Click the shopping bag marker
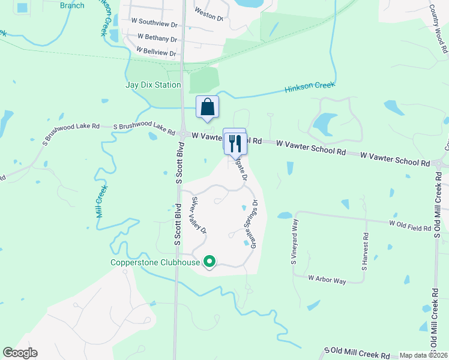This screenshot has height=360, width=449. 207,107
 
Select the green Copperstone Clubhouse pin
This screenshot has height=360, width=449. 209,262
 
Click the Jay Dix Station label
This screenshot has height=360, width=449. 153,85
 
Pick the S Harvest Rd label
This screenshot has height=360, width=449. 364,250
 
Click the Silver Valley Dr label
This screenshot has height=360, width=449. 199,214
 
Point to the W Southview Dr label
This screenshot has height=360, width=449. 154,25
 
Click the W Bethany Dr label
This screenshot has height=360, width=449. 157,38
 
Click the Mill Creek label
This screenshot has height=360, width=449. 101,201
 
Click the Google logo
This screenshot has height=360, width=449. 20,353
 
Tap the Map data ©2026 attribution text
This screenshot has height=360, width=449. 423,355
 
